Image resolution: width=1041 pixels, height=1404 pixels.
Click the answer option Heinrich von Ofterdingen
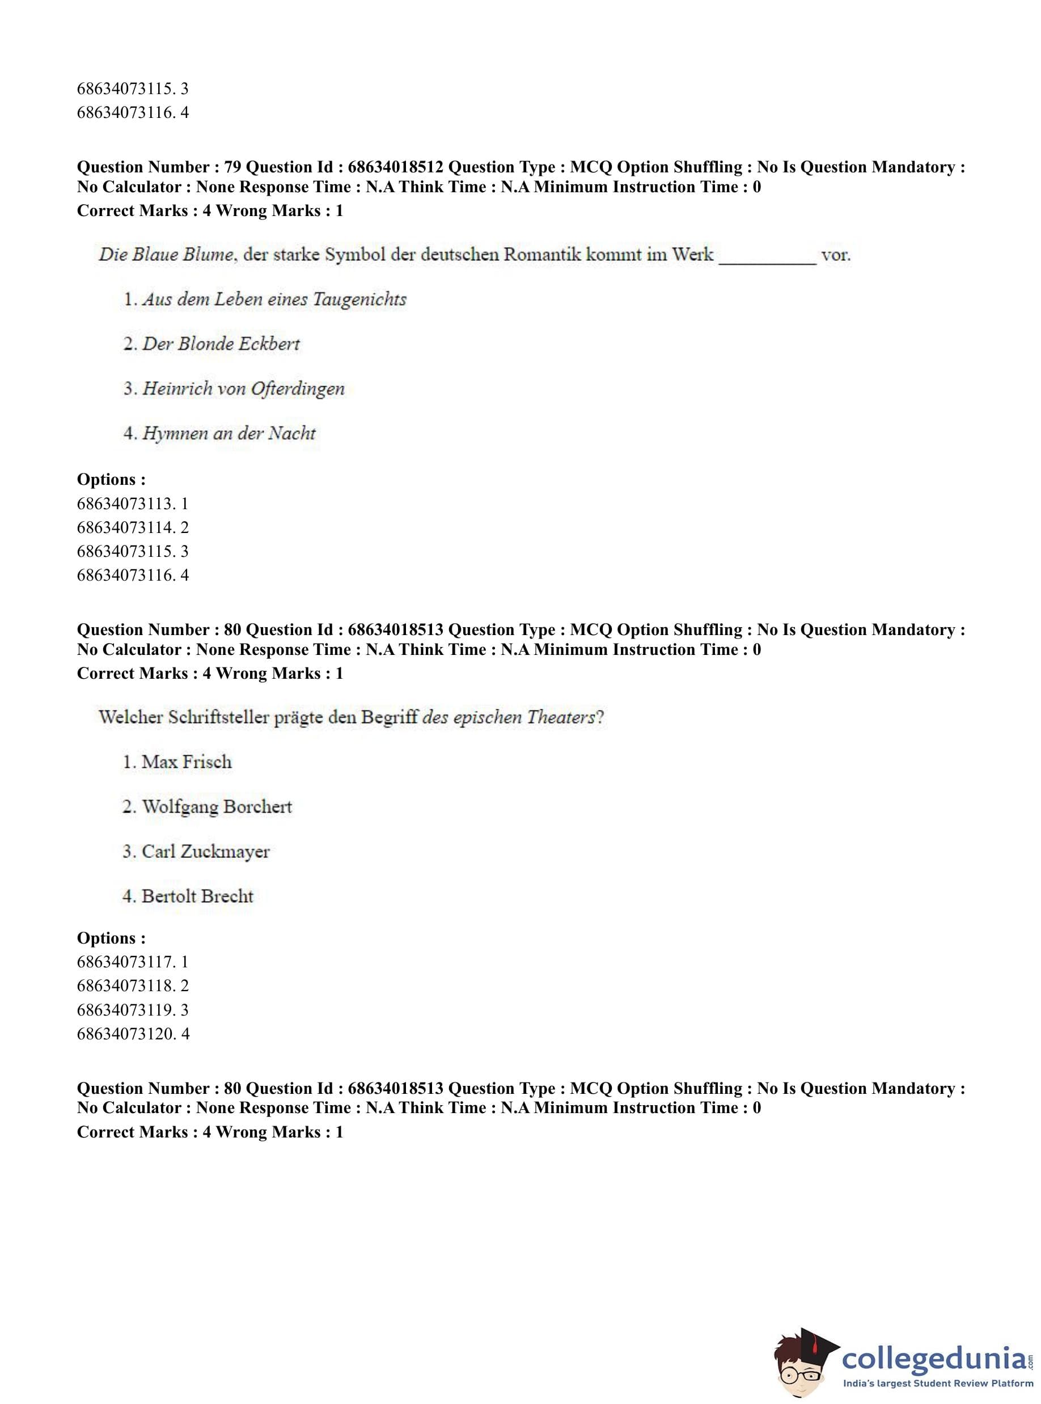point(243,389)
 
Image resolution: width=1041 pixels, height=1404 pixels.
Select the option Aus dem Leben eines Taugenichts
point(273,299)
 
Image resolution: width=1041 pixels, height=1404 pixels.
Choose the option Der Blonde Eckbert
point(221,344)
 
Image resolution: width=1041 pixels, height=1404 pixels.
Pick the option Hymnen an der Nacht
point(228,434)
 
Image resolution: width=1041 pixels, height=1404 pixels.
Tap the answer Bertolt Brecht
point(197,896)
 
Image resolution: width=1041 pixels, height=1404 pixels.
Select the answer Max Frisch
point(186,762)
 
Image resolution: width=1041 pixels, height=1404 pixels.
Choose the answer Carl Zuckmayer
point(205,851)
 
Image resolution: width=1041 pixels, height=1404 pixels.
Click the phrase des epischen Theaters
point(509,717)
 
